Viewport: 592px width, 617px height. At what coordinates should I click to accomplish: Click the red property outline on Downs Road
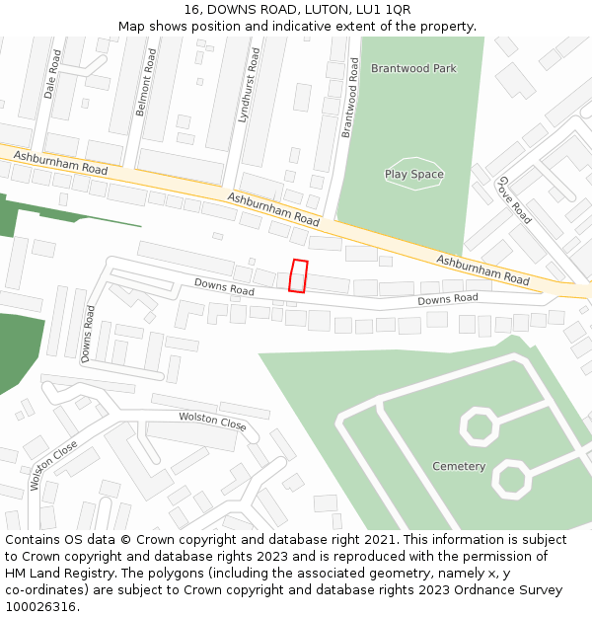point(298,275)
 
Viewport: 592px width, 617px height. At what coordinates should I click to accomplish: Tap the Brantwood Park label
point(413,68)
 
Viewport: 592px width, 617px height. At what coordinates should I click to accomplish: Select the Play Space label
point(414,175)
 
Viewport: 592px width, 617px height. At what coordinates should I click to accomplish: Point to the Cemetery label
point(459,466)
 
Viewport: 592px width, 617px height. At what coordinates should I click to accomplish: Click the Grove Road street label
point(515,199)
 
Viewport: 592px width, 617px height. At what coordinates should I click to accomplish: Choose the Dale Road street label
point(51,73)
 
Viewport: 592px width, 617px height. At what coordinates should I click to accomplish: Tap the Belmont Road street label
point(145,84)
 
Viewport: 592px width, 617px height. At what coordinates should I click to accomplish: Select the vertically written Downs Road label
point(88,334)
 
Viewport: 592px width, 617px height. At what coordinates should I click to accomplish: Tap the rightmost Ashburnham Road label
point(483,270)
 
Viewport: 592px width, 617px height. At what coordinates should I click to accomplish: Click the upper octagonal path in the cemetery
point(479,426)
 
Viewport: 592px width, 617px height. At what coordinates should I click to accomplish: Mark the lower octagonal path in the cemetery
point(512,479)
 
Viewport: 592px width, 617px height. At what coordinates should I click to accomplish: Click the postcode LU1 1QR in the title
point(385,10)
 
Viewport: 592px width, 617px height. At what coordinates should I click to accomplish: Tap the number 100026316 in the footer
point(40,607)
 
